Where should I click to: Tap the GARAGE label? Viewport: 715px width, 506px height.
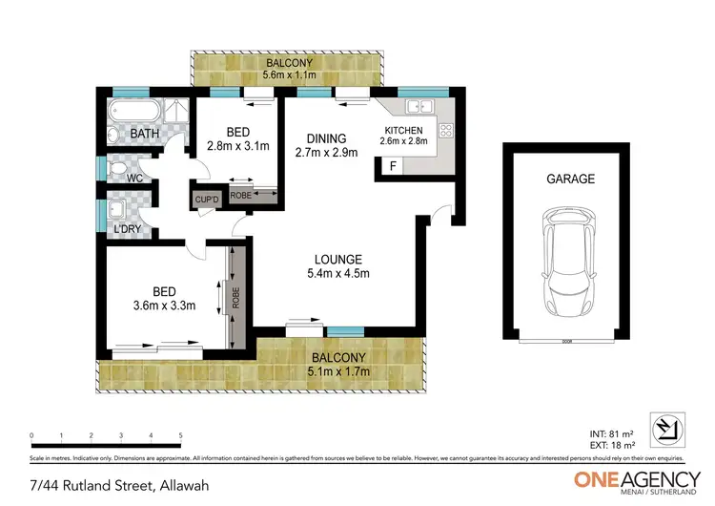click(570, 179)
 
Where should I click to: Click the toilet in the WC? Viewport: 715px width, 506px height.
click(118, 171)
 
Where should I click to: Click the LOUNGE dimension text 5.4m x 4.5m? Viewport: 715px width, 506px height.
click(338, 274)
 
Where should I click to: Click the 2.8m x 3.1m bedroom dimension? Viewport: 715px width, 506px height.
click(238, 147)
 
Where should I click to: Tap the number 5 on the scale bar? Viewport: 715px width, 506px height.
click(180, 435)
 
